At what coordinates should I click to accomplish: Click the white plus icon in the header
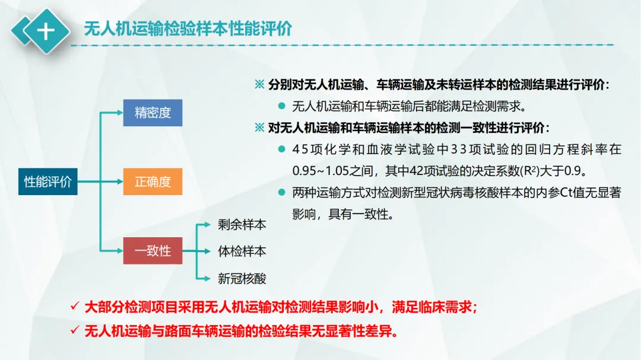pyautogui.click(x=45, y=31)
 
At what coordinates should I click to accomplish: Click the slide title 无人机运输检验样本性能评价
pyautogui.click(x=188, y=28)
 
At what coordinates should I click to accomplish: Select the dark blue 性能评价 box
pyautogui.click(x=47, y=181)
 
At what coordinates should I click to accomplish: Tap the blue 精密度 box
pyautogui.click(x=153, y=113)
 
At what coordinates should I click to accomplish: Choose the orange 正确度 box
pyautogui.click(x=153, y=181)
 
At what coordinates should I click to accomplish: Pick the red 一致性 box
pyautogui.click(x=153, y=250)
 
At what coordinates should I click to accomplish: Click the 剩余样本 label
pyautogui.click(x=242, y=225)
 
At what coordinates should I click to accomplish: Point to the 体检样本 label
pyautogui.click(x=242, y=251)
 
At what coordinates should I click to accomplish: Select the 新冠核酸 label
pyautogui.click(x=242, y=278)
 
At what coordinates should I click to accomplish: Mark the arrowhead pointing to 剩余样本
pyautogui.click(x=208, y=225)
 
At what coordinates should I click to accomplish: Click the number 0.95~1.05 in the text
pyautogui.click(x=319, y=171)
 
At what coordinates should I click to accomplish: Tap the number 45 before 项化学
pyautogui.click(x=300, y=149)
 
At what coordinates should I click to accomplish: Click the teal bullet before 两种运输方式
pyautogui.click(x=281, y=193)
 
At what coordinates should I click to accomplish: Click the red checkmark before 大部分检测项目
pyautogui.click(x=74, y=307)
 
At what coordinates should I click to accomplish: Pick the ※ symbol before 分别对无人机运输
pyautogui.click(x=259, y=85)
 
